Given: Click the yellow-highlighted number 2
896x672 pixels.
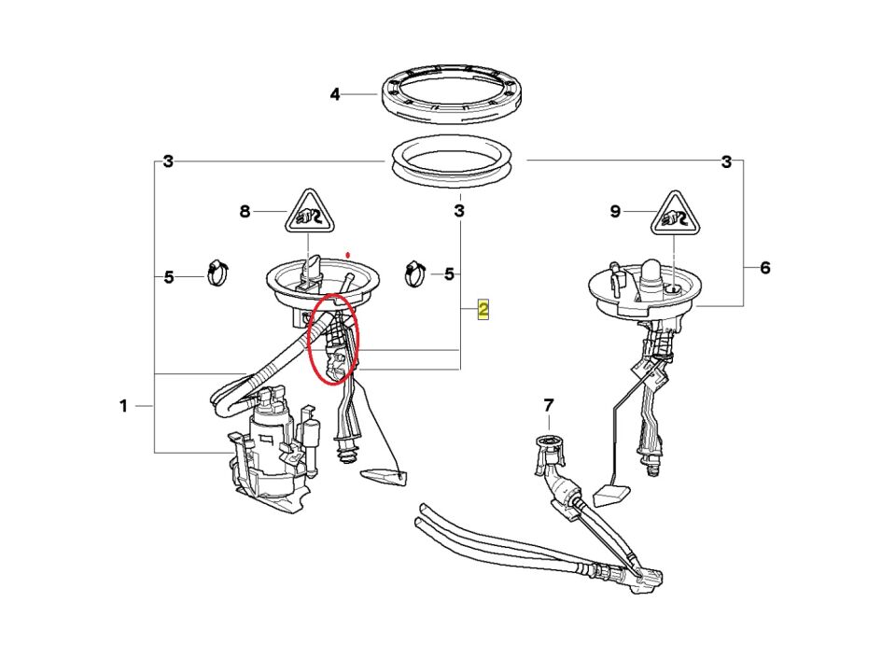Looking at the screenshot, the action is [x=483, y=310].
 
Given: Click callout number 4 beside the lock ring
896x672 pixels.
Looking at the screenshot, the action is [x=335, y=94].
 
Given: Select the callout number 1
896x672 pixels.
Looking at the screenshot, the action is [x=123, y=406].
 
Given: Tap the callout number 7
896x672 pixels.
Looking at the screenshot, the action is [x=549, y=406].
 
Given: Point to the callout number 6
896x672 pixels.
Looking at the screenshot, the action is [x=765, y=268].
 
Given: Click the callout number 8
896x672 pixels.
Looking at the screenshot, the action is [x=245, y=212].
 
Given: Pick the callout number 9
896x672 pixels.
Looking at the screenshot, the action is [x=615, y=212].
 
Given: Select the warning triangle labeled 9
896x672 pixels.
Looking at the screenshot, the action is [x=675, y=216].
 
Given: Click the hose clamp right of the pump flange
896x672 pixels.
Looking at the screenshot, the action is [x=415, y=273].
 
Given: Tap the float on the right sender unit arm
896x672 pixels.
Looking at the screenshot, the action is [x=612, y=495].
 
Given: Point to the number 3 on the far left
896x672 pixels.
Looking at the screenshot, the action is [x=168, y=161].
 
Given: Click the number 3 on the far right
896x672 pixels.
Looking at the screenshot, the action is [x=726, y=162].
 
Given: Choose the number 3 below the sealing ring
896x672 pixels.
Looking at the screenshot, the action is [x=459, y=211].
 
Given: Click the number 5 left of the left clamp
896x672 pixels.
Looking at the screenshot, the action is [x=169, y=278].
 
